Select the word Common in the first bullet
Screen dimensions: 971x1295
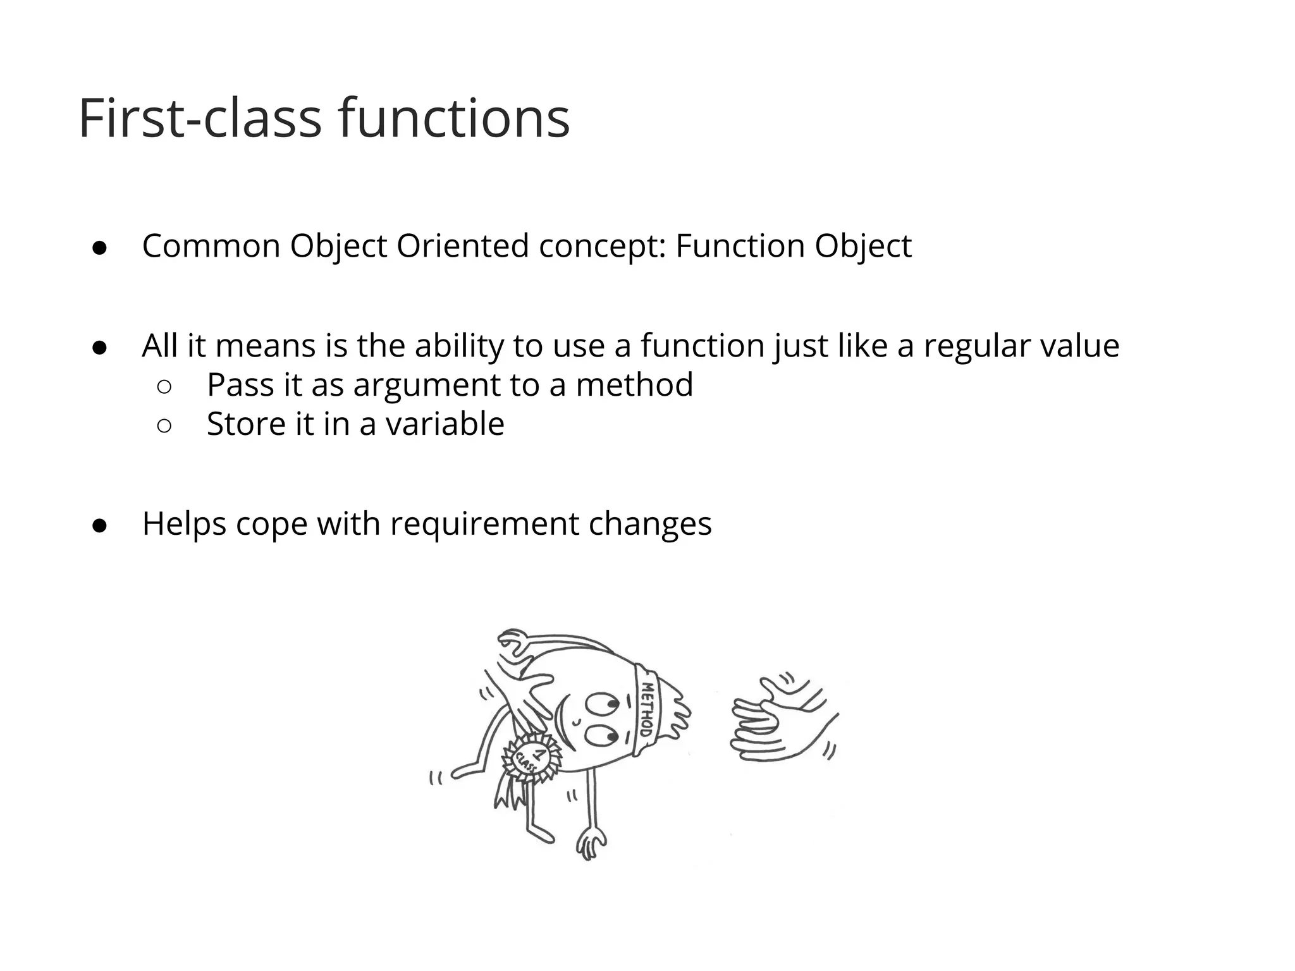pos(211,246)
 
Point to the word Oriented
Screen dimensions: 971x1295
pos(462,246)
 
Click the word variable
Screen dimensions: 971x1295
pos(445,424)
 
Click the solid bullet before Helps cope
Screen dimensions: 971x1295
pos(99,525)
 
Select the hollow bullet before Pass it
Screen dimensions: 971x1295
pos(163,387)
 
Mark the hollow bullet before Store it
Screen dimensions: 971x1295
pos(163,426)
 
